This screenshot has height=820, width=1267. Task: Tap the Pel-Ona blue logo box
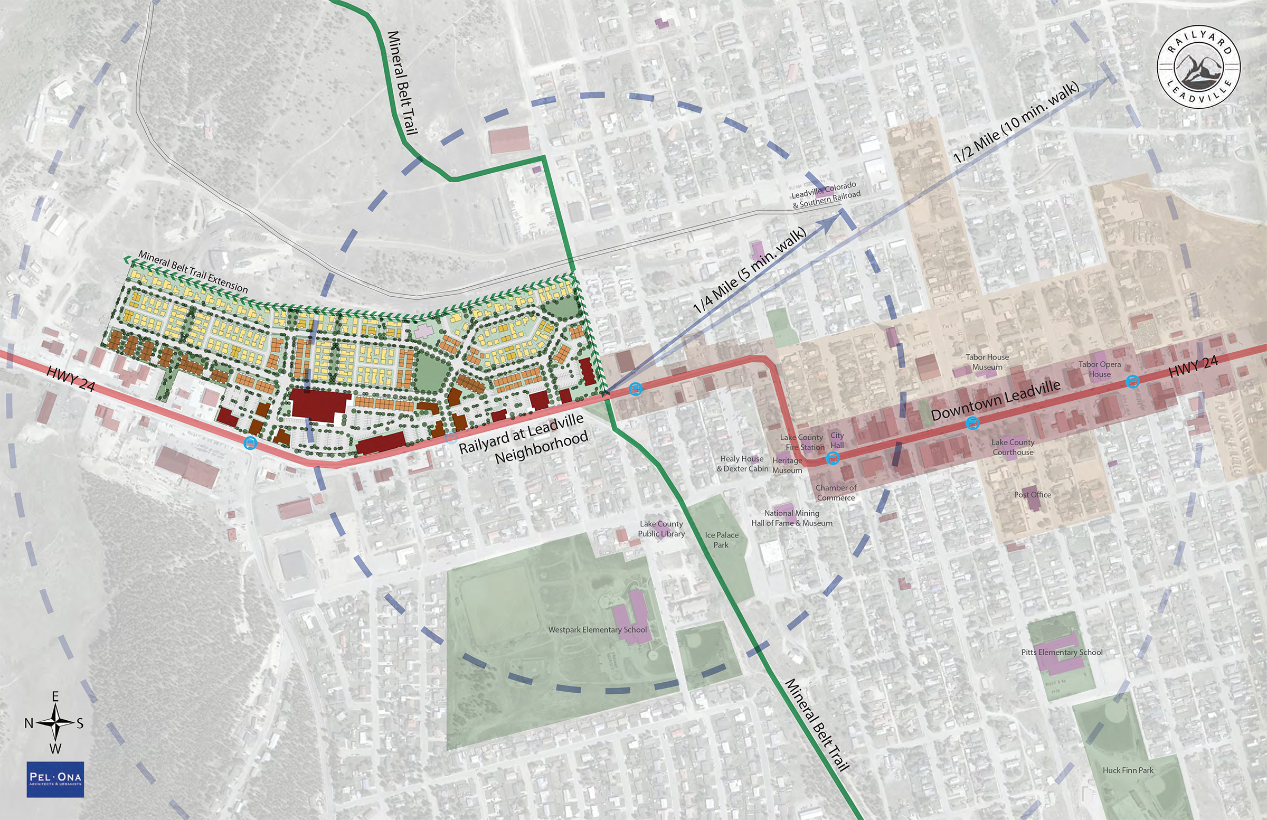(x=55, y=779)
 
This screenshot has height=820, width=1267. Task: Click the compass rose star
(x=55, y=722)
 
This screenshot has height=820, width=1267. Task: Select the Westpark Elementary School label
(x=597, y=629)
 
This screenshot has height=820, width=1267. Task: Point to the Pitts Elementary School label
(x=1062, y=652)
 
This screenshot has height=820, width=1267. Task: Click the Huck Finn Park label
(x=1128, y=770)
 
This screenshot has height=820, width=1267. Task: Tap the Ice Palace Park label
(x=721, y=540)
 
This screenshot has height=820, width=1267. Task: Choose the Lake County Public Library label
(x=661, y=529)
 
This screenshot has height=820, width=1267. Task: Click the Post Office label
(x=1032, y=495)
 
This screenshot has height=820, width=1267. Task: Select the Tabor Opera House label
(x=1099, y=369)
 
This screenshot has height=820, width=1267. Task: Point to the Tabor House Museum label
(x=987, y=362)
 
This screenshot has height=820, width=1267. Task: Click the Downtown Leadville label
(x=996, y=400)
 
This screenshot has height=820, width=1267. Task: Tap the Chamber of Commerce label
(x=836, y=493)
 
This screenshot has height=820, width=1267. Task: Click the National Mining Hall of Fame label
(x=791, y=518)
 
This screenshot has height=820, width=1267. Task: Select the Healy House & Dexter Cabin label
(x=742, y=464)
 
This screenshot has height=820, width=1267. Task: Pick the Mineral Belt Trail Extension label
(x=193, y=271)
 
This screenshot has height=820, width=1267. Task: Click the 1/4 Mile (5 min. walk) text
(x=750, y=270)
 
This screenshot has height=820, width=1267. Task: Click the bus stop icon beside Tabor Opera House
(x=1133, y=382)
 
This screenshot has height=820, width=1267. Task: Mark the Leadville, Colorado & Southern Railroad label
(x=826, y=195)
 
